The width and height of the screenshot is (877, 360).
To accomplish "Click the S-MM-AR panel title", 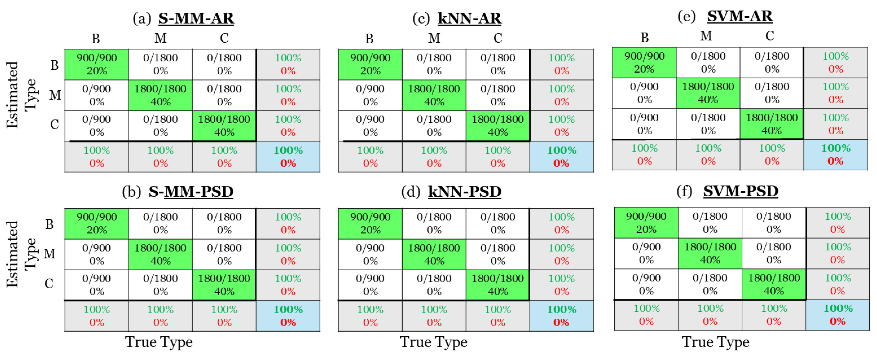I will pyautogui.click(x=196, y=18).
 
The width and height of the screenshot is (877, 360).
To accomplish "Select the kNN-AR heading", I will pyautogui.click(x=469, y=18).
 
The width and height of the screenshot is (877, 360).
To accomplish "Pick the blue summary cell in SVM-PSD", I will pyautogui.click(x=837, y=315).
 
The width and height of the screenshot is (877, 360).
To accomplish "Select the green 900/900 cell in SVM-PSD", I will pyautogui.click(x=646, y=223).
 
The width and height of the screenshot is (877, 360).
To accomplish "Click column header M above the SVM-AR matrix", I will pyautogui.click(x=706, y=36).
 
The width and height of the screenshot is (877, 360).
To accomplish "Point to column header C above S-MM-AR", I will pyautogui.click(x=224, y=38).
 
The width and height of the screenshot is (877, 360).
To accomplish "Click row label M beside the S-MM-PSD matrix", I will pyautogui.click(x=50, y=253).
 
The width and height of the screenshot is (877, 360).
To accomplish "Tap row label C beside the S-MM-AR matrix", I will pyautogui.click(x=54, y=125).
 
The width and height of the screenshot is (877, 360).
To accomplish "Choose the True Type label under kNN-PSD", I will pyautogui.click(x=433, y=342).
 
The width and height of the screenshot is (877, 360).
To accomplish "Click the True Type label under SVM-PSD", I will pyautogui.click(x=715, y=342).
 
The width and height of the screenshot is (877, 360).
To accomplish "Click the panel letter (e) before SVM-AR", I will pyautogui.click(x=686, y=16).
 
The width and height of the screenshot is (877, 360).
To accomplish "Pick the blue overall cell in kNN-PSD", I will pyautogui.click(x=561, y=316).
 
